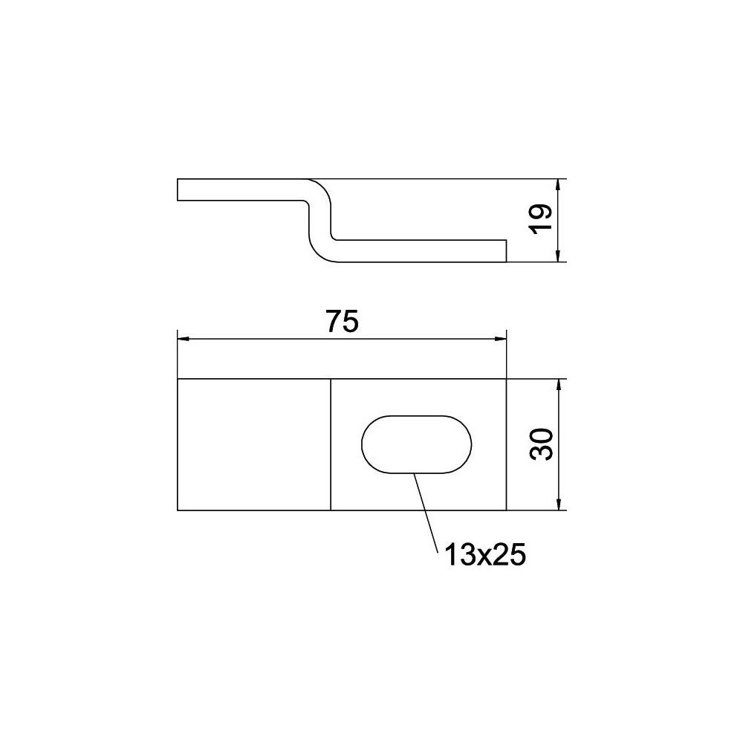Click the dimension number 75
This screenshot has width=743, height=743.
click(x=343, y=321)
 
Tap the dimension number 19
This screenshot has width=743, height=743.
click(x=541, y=218)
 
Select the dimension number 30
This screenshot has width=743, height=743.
click(x=541, y=444)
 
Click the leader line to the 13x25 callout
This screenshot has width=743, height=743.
click(x=424, y=513)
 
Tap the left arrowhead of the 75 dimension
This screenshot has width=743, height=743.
click(x=184, y=339)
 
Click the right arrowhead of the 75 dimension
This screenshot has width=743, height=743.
click(x=500, y=339)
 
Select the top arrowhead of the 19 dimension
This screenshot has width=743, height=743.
click(x=559, y=185)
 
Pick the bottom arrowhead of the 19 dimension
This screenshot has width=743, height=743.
click(x=559, y=256)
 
